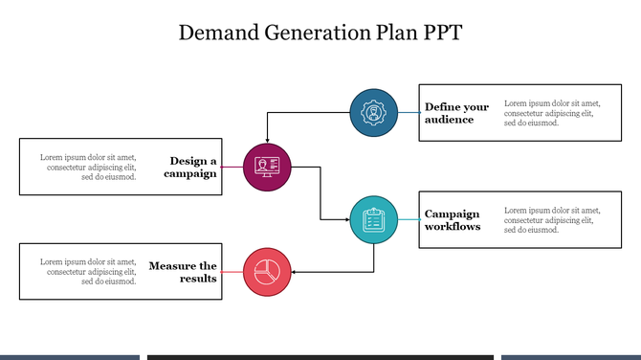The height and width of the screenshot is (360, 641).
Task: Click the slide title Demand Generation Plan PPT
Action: tap(320, 34)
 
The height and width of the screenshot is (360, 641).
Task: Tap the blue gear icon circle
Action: tap(373, 113)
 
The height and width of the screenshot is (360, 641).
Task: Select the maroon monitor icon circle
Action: tap(267, 168)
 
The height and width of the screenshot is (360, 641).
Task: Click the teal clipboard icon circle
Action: tap(373, 220)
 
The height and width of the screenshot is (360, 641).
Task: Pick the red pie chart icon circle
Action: tap(267, 271)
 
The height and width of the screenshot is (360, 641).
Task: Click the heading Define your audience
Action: tap(456, 113)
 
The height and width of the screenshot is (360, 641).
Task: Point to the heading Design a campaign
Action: tap(190, 168)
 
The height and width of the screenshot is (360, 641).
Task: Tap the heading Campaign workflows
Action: tap(453, 220)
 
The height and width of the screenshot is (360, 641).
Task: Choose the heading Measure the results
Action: tap(183, 271)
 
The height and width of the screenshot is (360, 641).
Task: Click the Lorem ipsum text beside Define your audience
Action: tap(552, 113)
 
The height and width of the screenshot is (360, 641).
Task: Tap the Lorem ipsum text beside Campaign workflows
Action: tap(552, 220)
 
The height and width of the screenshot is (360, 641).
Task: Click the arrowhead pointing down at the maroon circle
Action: tap(267, 141)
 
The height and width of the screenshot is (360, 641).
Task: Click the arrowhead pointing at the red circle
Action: tap(293, 271)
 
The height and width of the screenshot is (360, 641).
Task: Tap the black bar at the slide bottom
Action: tap(320, 357)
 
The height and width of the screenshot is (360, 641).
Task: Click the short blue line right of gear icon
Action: tap(409, 113)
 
